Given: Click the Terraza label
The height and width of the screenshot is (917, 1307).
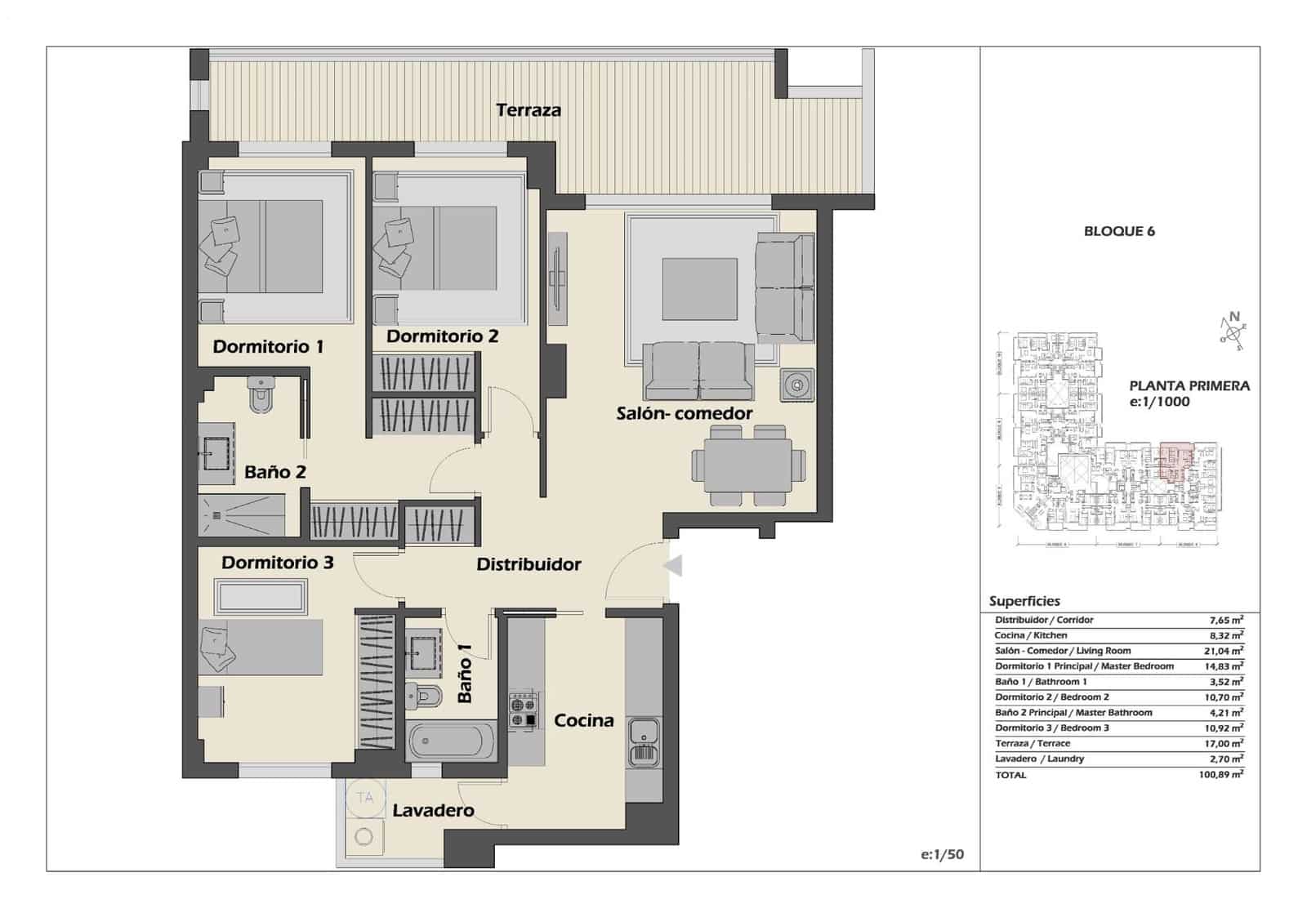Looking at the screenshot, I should (529, 110).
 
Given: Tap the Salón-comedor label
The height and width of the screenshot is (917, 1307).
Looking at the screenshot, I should (684, 413).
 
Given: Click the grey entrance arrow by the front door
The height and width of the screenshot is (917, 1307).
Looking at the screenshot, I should (673, 565).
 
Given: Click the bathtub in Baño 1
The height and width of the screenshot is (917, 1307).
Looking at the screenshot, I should (452, 741).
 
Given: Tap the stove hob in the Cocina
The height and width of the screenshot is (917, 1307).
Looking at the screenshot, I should (523, 710).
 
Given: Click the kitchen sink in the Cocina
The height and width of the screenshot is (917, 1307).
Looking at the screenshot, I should (644, 741).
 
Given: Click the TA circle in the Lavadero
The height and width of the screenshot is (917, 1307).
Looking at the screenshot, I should (365, 797).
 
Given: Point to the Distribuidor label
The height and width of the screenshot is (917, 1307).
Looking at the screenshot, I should (529, 564).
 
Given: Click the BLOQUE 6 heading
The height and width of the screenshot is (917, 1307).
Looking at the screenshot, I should (1119, 231).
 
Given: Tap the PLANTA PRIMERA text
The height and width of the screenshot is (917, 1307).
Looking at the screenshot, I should (1189, 385).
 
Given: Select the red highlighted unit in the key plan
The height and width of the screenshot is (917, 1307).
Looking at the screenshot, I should (1175, 461).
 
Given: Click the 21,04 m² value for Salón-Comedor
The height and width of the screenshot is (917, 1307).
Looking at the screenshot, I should (1223, 651).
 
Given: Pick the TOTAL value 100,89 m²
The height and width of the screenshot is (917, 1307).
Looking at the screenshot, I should (1220, 774).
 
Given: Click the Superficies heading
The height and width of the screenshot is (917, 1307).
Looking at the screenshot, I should (1024, 601).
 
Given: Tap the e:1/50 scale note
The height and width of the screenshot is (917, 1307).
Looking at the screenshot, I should (942, 854).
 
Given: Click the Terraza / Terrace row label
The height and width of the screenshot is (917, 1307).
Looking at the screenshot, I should (1033, 743).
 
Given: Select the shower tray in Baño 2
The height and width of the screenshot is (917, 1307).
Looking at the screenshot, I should (241, 515).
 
